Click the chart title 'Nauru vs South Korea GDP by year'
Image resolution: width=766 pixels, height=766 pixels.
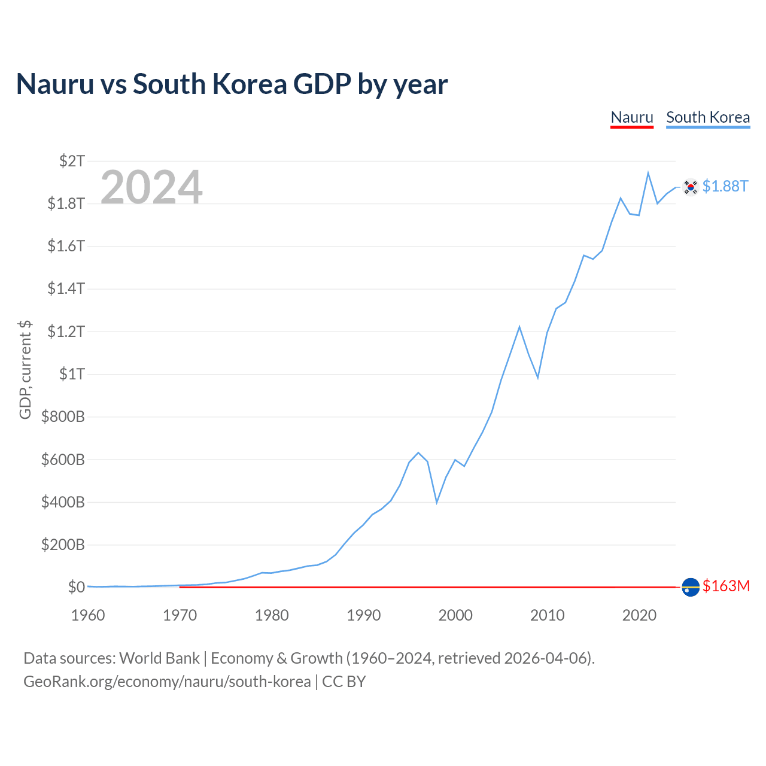[232, 84]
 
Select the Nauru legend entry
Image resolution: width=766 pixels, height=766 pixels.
[631, 118]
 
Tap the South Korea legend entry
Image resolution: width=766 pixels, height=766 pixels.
[708, 118]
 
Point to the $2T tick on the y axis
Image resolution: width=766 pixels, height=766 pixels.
[72, 161]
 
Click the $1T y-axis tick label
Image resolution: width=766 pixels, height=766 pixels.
[72, 374]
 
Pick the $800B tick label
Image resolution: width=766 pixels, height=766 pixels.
[63, 417]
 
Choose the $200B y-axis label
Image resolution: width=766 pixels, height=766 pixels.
[63, 545]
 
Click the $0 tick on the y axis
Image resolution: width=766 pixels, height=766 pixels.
[77, 587]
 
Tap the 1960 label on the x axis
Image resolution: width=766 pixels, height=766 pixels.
[88, 615]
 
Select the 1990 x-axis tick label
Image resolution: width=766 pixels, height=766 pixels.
[363, 615]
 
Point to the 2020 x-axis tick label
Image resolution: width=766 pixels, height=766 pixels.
[639, 615]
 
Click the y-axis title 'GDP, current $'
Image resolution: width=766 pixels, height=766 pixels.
[25, 370]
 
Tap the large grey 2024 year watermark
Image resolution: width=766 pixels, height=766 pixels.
[151, 187]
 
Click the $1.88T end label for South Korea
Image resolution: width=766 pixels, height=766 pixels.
[725, 186]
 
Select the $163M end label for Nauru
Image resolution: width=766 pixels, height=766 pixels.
[726, 586]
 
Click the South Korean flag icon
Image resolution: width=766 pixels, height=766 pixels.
[691, 187]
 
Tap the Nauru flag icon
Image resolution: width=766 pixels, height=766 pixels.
[691, 587]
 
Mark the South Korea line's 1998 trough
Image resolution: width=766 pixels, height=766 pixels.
[437, 503]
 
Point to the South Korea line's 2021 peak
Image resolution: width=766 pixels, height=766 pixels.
[648, 173]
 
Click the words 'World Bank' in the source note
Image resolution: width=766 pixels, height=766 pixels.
[159, 659]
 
